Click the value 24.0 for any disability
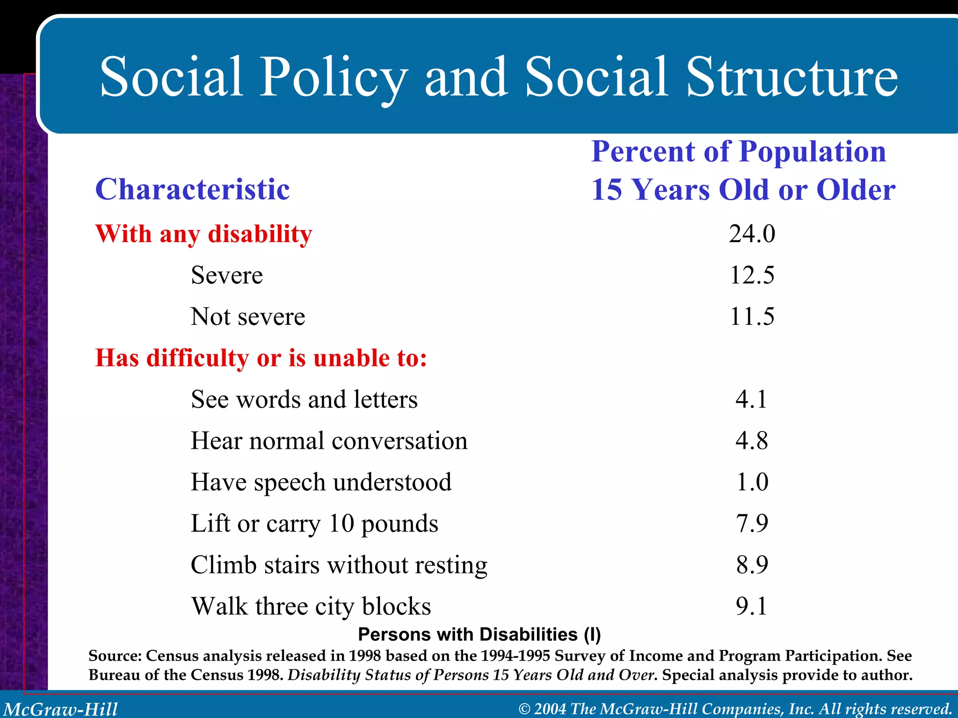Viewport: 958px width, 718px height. pos(752,234)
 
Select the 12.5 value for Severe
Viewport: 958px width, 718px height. pos(752,275)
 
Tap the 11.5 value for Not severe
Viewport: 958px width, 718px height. pos(752,316)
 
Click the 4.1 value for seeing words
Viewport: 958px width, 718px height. pos(751,400)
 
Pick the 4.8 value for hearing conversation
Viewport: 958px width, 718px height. pos(751,441)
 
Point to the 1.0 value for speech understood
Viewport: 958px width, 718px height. pos(752,482)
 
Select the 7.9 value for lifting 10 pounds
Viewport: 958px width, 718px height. pos(752,524)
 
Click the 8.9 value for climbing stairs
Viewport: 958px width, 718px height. pos(752,565)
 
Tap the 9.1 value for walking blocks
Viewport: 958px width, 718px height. pos(751,606)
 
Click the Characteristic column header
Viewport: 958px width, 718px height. pos(192,189)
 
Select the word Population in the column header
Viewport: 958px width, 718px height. pos(813,151)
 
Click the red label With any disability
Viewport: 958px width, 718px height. pos(203,234)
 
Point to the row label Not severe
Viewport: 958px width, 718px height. pos(248,316)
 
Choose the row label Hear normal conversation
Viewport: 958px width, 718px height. pos(329,441)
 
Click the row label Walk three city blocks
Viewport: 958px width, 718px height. pos(311,606)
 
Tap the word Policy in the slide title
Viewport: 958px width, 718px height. pos(333,77)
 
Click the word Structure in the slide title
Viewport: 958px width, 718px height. pos(791,77)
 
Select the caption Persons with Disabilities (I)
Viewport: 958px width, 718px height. pos(479,634)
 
